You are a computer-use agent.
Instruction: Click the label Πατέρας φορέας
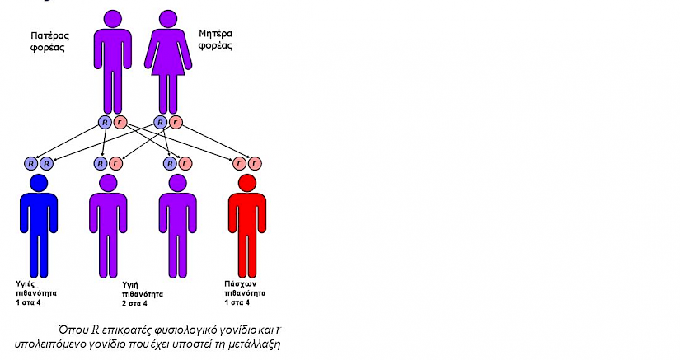50,41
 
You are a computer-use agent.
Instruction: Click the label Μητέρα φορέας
215,40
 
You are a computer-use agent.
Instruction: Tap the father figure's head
113,20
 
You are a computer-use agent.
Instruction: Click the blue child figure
39,226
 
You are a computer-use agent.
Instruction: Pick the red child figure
247,226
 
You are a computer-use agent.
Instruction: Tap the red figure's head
247,183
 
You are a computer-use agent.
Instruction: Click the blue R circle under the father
105,123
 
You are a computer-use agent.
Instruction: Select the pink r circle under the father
120,123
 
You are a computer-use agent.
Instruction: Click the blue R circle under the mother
161,123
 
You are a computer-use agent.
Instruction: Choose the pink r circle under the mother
176,123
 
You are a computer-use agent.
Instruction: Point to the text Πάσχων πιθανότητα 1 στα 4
245,293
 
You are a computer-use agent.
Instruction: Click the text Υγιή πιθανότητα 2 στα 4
143,294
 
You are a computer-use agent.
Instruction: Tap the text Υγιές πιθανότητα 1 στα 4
36,293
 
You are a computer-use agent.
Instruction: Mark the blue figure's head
39,183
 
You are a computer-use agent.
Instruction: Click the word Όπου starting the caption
73,330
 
